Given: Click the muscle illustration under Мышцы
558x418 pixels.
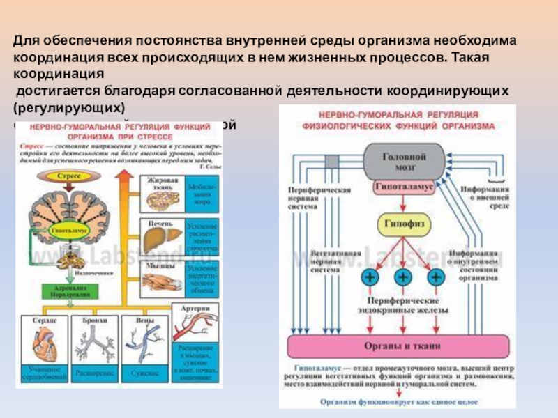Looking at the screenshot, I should click(x=165, y=281).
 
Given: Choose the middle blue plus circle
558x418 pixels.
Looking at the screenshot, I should click(x=403, y=277).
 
